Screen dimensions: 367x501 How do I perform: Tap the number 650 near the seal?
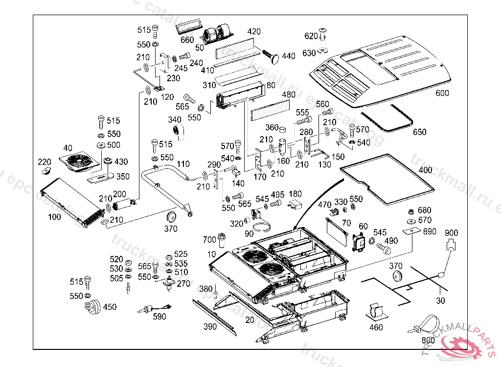[419, 132]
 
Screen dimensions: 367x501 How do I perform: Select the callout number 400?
[425, 170]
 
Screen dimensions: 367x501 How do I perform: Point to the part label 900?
[451, 233]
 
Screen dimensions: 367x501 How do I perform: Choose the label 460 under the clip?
[376, 327]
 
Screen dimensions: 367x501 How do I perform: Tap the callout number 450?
[110, 307]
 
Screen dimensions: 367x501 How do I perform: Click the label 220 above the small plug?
[45, 162]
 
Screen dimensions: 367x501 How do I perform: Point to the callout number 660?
[187, 40]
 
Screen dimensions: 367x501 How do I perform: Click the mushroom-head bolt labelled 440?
[272, 56]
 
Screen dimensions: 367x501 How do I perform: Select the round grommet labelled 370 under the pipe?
[172, 218]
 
